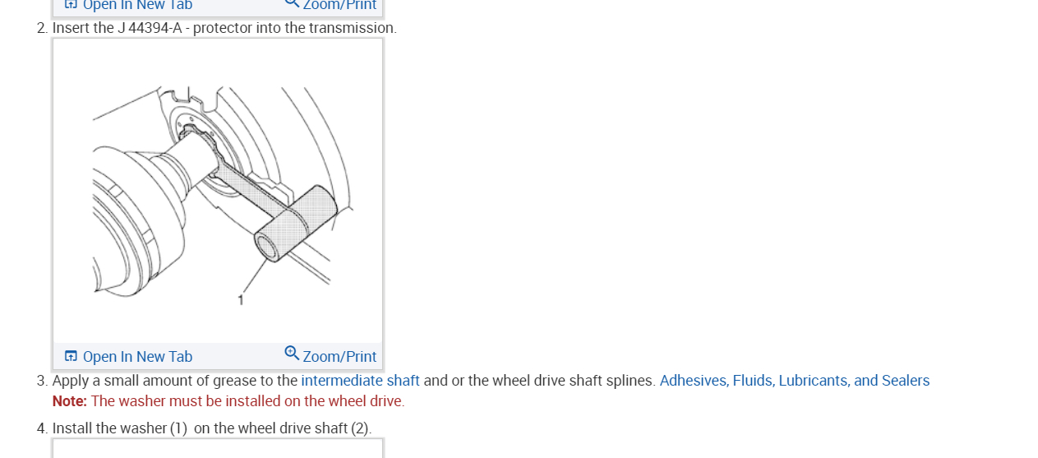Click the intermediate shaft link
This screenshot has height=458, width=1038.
pos(360,381)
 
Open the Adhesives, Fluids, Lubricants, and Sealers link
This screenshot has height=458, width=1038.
pos(794,381)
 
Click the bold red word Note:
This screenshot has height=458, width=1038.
pos(69,401)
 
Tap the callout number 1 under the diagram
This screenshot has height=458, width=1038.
pos(241,300)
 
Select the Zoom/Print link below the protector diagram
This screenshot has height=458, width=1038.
pos(339,357)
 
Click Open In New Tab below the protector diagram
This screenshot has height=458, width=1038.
pos(136,357)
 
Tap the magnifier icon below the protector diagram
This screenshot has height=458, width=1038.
pos(292,354)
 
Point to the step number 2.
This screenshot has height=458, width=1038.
pos(41,28)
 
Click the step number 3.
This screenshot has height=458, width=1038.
pos(41,381)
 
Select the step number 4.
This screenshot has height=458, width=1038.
pos(41,428)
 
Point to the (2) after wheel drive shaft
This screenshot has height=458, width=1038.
pos(361,428)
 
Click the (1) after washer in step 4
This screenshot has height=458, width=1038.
pos(178,428)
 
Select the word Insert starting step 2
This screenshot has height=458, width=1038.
pos(71,28)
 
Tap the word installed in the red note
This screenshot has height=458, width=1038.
pos(238,401)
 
